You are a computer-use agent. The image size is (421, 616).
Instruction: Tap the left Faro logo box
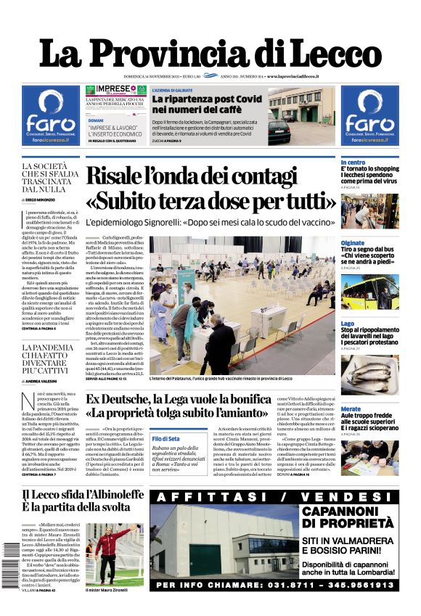(x=49, y=115)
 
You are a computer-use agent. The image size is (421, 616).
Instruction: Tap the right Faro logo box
(x=369, y=115)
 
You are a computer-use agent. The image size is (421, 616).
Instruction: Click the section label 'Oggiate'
(x=353, y=243)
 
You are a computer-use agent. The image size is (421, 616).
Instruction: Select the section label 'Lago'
(x=348, y=324)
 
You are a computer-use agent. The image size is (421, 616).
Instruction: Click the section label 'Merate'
(x=351, y=409)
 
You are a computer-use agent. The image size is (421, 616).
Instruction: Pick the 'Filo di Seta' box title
(x=165, y=439)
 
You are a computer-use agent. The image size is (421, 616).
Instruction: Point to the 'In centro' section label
(x=353, y=162)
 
